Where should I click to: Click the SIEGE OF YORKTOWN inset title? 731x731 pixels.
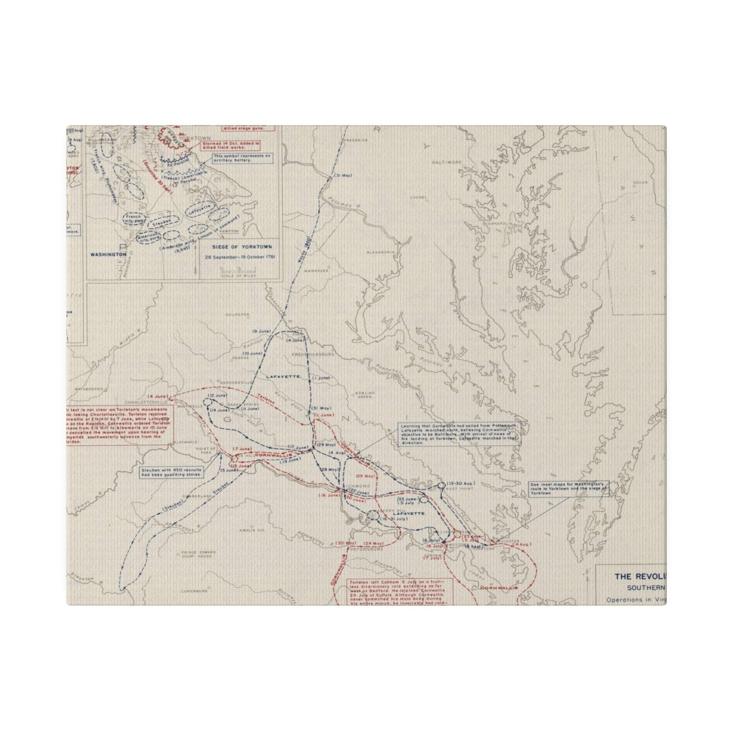239,247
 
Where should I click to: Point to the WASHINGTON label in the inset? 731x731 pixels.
108,255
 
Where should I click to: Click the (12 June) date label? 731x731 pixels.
218,395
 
